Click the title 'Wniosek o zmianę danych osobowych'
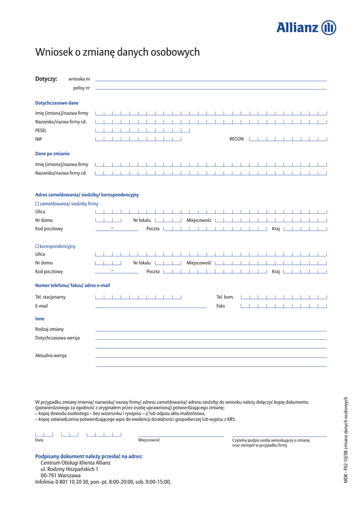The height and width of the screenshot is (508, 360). click(117, 52)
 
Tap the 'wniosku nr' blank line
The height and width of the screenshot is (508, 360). click(211, 79)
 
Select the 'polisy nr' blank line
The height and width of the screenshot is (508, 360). click(211, 89)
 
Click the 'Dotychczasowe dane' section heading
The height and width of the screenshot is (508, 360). click(57, 103)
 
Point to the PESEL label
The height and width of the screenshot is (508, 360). click(41, 130)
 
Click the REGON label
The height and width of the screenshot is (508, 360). click(236, 139)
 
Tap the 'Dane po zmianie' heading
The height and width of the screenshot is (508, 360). click(52, 154)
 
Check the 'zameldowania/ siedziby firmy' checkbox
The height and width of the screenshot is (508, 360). click(37, 204)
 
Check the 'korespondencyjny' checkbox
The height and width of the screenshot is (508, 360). click(37, 246)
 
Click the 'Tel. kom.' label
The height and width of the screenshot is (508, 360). click(225, 297)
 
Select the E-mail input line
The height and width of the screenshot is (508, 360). click(150, 307)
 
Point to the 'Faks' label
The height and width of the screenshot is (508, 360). click(220, 306)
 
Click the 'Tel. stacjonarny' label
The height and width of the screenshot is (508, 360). click(50, 297)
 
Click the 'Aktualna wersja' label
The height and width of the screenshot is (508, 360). click(51, 355)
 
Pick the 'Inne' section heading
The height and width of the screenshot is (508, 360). click(40, 318)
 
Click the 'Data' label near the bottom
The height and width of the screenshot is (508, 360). click(39, 440)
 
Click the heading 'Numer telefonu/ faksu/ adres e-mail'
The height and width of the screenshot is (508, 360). click(72, 285)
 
